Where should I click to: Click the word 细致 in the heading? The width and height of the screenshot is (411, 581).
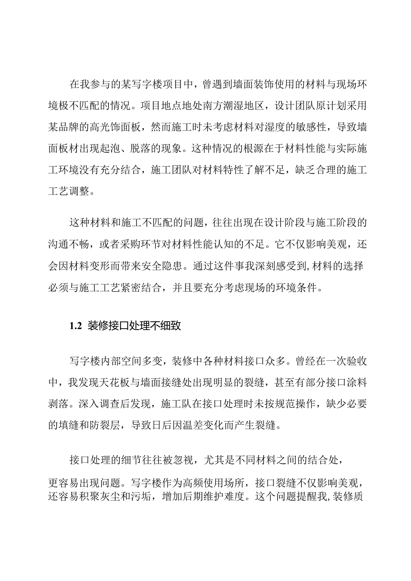tap(169, 326)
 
